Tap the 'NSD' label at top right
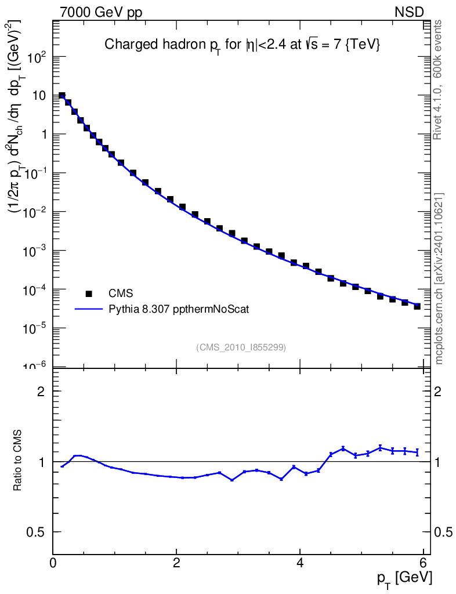410,12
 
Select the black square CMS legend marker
89,294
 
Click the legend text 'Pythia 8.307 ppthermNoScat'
180,310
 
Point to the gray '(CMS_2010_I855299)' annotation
241,347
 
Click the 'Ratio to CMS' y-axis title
18,461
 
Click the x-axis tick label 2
176,563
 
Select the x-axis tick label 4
300,563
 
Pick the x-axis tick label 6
423,563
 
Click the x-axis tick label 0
53,563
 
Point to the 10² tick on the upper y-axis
37,57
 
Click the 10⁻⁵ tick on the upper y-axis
36,328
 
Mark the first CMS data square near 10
62,96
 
